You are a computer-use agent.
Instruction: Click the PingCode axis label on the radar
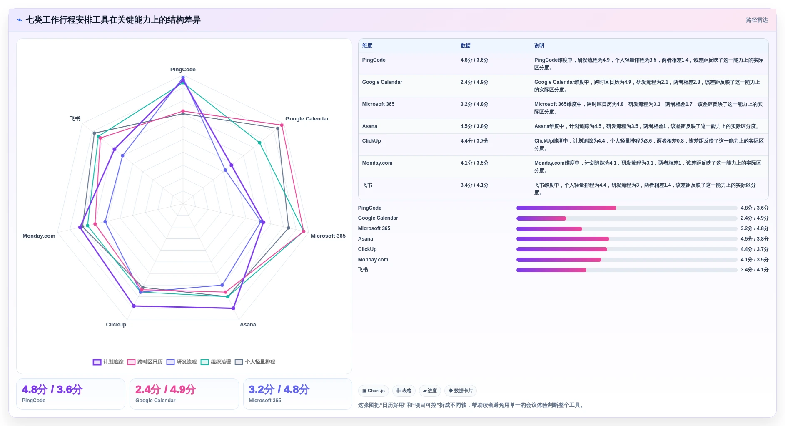tap(183, 70)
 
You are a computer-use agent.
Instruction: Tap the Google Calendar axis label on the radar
tap(307, 119)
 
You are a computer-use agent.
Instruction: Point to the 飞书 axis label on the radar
tap(75, 119)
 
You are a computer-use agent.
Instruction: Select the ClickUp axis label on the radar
tap(116, 325)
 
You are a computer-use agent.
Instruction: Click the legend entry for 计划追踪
tap(108, 362)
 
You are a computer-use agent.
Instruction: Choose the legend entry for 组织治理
tap(216, 362)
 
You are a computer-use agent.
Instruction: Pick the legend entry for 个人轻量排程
tap(255, 362)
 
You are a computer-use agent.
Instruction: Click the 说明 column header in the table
tap(539, 46)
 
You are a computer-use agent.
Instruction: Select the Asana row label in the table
tap(370, 126)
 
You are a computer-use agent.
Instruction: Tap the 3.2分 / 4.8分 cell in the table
tap(474, 104)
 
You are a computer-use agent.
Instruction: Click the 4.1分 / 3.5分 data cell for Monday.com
tap(474, 163)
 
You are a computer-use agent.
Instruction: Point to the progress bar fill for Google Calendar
tap(541, 218)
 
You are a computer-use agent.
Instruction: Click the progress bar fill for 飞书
tap(551, 270)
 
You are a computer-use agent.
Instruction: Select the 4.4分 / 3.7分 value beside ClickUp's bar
tap(755, 249)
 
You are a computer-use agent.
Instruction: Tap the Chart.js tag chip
tap(374, 391)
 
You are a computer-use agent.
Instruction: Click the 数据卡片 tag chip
tap(461, 391)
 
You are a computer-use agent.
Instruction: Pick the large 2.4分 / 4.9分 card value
tap(166, 390)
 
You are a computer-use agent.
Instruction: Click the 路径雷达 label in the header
tap(757, 20)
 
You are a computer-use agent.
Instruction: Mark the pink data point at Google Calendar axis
tap(282, 125)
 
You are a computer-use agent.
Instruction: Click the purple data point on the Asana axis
tap(233, 308)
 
